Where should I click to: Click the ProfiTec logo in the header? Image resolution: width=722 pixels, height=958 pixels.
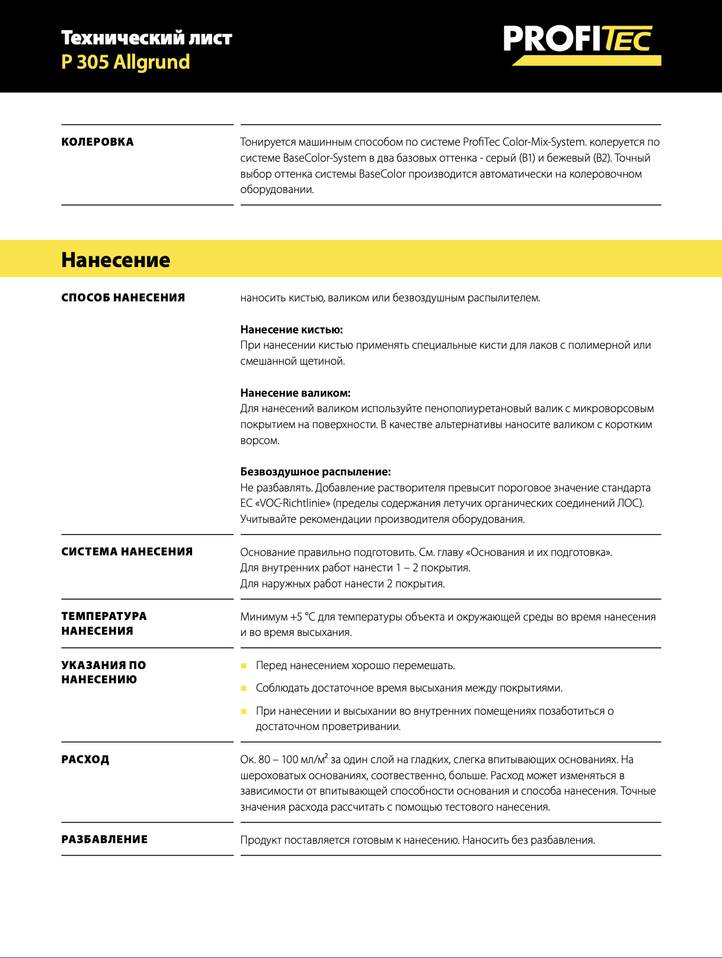coord(582,44)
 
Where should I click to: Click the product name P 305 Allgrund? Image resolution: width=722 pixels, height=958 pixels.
coord(126,62)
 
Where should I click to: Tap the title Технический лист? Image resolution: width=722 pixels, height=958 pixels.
coord(146,38)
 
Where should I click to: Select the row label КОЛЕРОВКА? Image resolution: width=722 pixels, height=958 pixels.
coord(98,142)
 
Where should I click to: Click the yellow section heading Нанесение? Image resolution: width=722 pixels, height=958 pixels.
coord(116,260)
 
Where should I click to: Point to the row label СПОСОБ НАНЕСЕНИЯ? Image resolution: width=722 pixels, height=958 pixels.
coord(123,298)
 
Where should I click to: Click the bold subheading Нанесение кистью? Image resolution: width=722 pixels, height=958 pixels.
coord(292,330)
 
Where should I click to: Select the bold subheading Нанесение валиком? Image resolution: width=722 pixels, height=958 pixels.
coord(295,393)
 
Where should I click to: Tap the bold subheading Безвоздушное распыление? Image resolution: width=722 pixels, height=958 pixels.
coord(315,472)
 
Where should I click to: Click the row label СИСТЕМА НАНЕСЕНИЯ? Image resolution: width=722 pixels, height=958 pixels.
coord(127,552)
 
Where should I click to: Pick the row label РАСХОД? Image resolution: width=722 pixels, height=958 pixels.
coord(85,760)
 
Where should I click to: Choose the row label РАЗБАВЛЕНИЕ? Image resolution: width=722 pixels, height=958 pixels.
coord(104,840)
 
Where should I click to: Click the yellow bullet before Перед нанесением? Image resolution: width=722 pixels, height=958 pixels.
coord(244,666)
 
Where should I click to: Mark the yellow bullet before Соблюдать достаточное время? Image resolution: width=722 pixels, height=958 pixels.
coord(244,689)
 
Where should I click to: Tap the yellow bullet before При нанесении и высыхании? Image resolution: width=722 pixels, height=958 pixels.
coord(244,711)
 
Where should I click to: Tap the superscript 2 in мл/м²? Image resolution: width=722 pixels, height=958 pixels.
coord(326,756)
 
